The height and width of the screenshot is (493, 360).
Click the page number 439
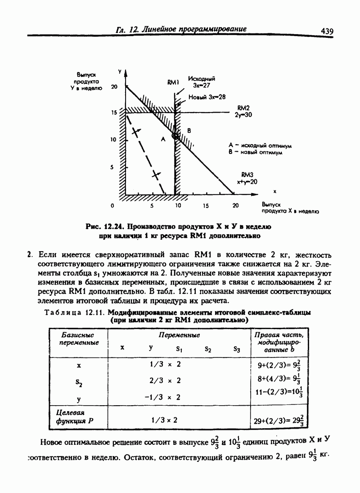[326, 31]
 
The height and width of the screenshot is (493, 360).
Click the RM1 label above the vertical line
[173, 82]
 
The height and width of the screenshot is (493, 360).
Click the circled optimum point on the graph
[175, 136]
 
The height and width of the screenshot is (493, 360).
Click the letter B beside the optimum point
[189, 131]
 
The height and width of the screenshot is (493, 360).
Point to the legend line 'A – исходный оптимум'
[260, 145]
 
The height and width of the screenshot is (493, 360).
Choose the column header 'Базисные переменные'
[79, 339]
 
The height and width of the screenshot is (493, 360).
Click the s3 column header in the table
[237, 349]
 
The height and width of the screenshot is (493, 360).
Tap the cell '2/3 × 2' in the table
[165, 380]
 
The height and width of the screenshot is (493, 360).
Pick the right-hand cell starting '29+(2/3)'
[279, 421]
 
